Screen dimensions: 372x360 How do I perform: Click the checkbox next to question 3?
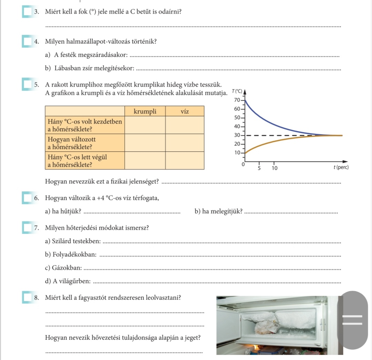click(x=27, y=12)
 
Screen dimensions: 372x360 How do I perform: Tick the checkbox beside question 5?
click(x=27, y=84)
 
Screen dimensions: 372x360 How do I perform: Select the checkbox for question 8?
click(x=27, y=297)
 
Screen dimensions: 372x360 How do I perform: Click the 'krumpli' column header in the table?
click(x=145, y=111)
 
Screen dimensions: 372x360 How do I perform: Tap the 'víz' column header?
click(x=185, y=111)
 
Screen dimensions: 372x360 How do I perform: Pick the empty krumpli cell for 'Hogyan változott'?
click(x=145, y=143)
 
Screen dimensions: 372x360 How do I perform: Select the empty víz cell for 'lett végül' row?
click(x=185, y=161)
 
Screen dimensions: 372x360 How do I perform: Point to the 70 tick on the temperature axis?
click(x=237, y=100)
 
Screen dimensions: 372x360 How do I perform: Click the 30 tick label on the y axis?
click(x=237, y=135)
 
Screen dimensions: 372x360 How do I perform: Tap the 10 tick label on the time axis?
click(x=275, y=168)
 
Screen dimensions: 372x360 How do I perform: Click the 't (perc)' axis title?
click(x=341, y=167)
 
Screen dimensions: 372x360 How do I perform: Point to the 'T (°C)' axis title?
click(x=237, y=91)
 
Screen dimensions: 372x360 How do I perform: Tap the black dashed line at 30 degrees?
click(x=280, y=136)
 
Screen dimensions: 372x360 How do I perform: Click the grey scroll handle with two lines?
click(x=352, y=320)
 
